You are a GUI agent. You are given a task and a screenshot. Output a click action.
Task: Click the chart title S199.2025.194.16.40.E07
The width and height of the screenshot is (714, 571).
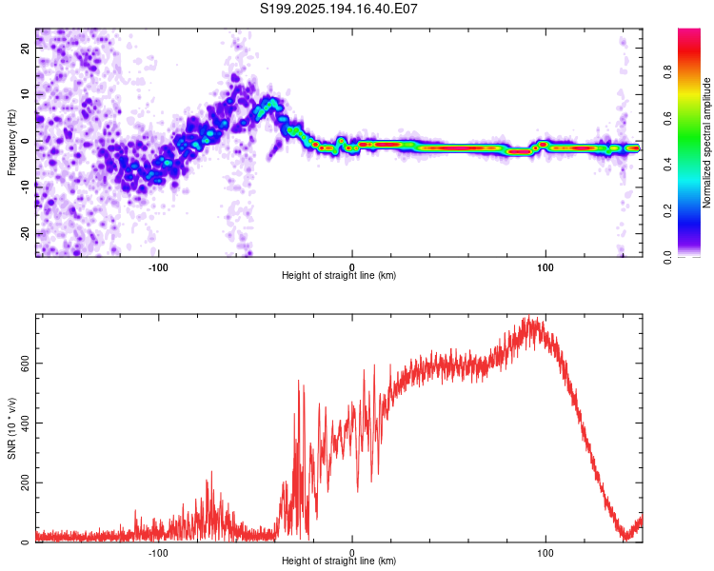coord(338,9)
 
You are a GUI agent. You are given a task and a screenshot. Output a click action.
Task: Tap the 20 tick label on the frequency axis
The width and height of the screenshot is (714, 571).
coord(26,48)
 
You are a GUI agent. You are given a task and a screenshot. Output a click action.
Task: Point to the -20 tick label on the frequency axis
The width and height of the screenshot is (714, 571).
coord(26,233)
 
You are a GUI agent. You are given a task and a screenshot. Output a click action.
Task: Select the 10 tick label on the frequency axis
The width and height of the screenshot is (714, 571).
coord(26,94)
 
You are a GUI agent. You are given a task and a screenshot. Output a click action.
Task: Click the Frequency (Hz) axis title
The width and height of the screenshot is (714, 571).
coord(11,143)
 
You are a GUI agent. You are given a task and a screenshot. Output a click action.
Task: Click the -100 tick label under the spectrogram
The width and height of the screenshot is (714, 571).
coord(158,267)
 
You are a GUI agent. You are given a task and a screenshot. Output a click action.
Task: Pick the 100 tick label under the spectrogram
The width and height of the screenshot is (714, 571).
coord(545,267)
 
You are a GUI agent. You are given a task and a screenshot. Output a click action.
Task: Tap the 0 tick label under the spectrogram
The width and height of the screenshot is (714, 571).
coord(351,267)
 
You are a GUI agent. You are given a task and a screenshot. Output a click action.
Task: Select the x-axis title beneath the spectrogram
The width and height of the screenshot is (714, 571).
coord(339,275)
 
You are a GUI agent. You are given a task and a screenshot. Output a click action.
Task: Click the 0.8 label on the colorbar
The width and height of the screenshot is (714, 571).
coord(667,71)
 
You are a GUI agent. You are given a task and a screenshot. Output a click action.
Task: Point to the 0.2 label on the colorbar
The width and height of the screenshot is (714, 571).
coord(667,211)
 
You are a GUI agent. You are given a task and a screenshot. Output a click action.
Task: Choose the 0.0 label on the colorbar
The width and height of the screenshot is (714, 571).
coord(667,257)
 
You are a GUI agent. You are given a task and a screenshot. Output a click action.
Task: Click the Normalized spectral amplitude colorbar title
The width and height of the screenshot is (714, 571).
coord(706,143)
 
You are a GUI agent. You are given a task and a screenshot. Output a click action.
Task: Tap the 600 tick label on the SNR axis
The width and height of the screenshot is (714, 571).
coord(26,363)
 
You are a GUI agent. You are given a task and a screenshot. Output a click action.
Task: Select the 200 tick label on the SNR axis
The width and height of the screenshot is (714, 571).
coord(26,482)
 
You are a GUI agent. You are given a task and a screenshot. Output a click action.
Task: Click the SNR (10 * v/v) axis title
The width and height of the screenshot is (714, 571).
coord(11,428)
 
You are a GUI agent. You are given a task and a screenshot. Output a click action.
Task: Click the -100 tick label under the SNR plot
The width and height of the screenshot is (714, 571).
coord(158,553)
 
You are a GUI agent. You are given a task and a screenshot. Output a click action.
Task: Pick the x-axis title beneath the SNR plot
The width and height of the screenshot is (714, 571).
coord(339,561)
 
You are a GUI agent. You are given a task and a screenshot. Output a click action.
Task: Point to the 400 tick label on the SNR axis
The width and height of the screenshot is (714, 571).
coord(26,423)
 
